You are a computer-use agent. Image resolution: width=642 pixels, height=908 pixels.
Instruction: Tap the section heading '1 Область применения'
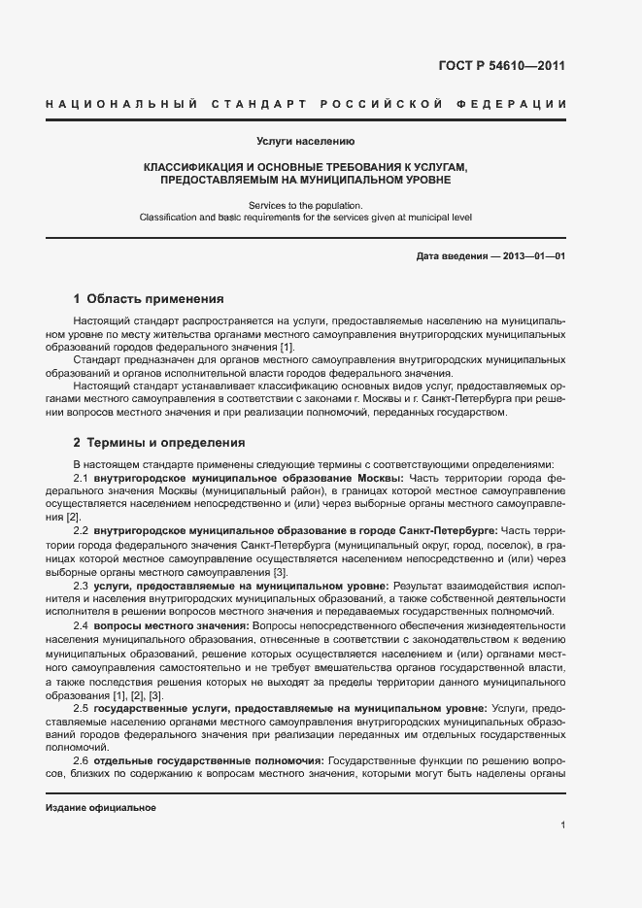click(x=150, y=299)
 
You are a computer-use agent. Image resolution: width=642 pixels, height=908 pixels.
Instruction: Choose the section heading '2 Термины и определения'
click(x=159, y=442)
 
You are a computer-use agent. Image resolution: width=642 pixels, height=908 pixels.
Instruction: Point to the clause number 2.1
click(x=82, y=479)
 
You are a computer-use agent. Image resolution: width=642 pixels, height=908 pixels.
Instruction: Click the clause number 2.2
click(x=82, y=530)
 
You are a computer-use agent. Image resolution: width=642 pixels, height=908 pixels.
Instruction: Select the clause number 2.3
click(x=82, y=585)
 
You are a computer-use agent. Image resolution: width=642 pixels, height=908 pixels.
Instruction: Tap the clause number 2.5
click(x=82, y=709)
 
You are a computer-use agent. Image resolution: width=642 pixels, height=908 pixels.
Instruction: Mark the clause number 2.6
click(x=82, y=760)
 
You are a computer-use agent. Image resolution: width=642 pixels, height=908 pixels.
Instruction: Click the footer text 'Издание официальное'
click(x=101, y=808)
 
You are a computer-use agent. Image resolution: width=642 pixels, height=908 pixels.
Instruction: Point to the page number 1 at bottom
click(x=563, y=825)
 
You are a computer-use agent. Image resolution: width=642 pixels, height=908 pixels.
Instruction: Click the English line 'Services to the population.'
click(x=306, y=205)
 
